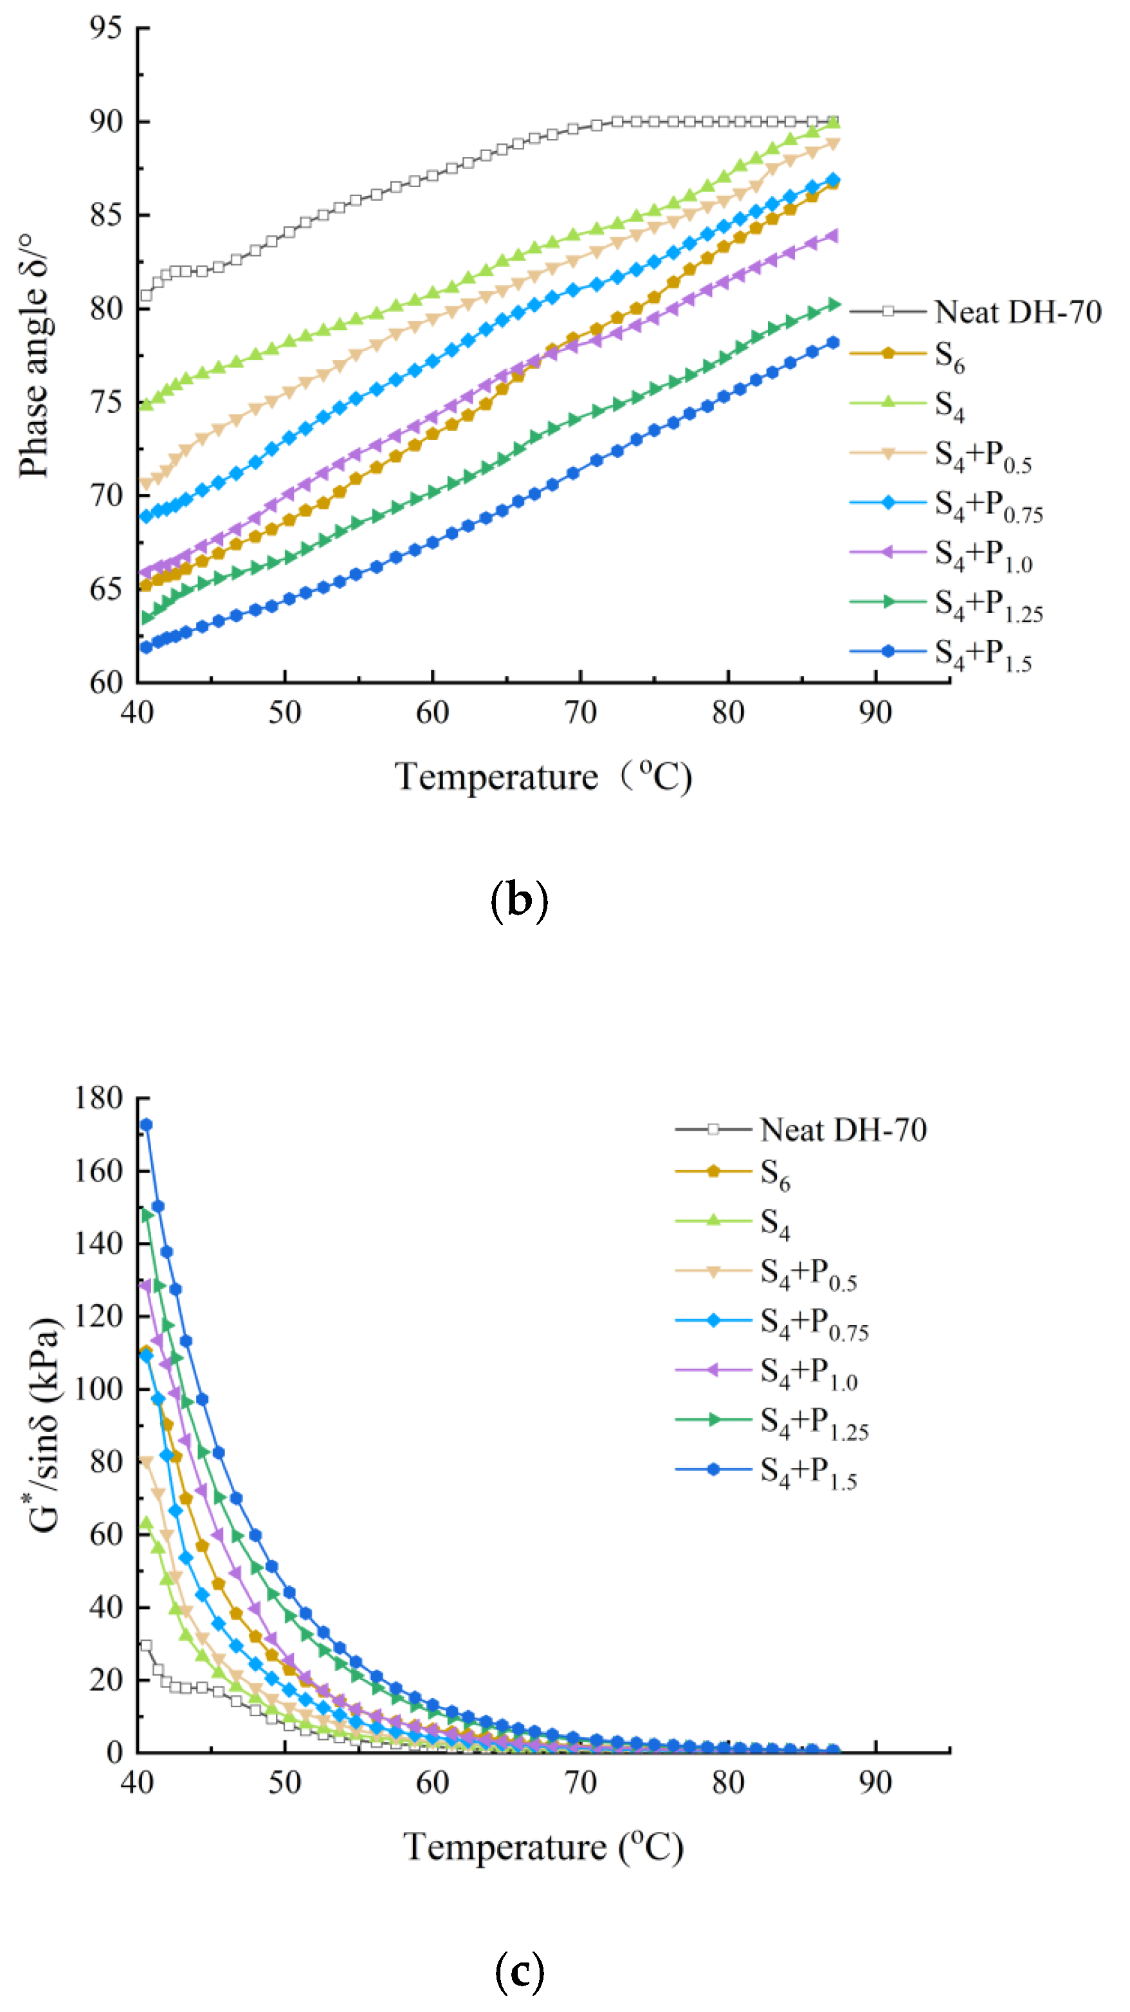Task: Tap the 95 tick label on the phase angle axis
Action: (105, 28)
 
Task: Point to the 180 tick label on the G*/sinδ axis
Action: (98, 1097)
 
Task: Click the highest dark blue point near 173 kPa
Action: (146, 1125)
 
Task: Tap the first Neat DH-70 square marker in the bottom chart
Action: (146, 1645)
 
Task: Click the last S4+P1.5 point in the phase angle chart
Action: (834, 342)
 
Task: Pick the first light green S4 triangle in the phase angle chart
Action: (146, 405)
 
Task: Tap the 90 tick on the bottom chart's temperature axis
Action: (875, 1783)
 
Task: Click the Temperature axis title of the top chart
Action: (543, 777)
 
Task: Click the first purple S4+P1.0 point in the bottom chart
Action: (146, 1285)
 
